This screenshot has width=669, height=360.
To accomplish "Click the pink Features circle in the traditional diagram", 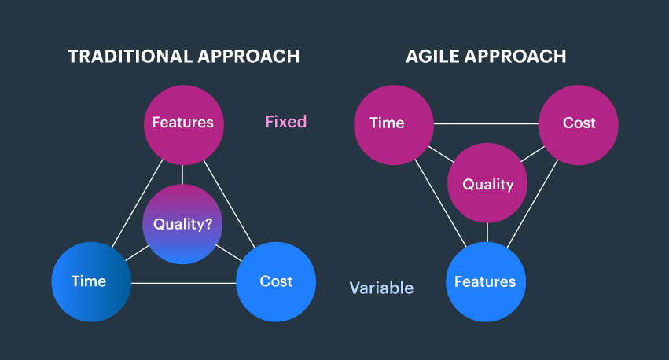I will (182, 123).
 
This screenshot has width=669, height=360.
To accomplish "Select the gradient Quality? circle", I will (182, 224).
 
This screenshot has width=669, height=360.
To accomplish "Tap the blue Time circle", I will (90, 281).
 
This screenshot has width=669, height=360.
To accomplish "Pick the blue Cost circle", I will (276, 281).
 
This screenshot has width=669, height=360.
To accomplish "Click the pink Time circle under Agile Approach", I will (393, 123).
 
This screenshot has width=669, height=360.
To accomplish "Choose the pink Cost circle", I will (579, 123).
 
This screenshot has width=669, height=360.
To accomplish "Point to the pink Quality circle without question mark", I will (487, 184).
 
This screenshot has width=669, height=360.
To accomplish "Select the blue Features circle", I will (485, 281).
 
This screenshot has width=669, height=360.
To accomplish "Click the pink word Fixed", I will (285, 122).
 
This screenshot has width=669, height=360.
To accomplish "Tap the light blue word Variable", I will (381, 288).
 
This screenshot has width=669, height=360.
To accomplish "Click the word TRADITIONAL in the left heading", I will (126, 57).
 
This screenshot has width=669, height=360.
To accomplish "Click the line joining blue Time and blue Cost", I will (182, 282).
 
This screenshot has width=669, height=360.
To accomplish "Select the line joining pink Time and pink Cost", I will (486, 124).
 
